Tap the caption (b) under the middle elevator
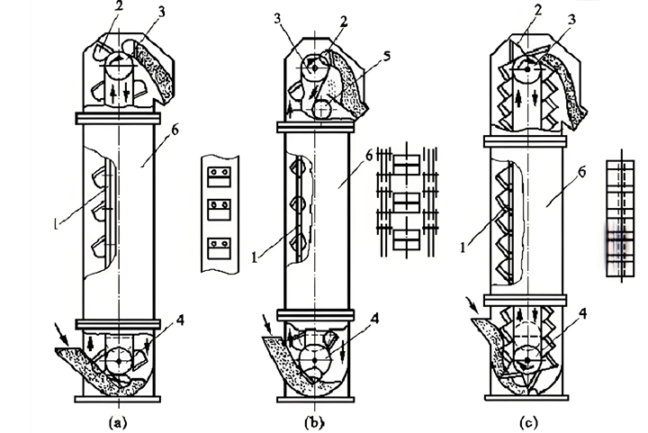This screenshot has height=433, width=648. tap(313, 421)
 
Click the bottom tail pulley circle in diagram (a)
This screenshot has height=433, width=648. tap(119, 359)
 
